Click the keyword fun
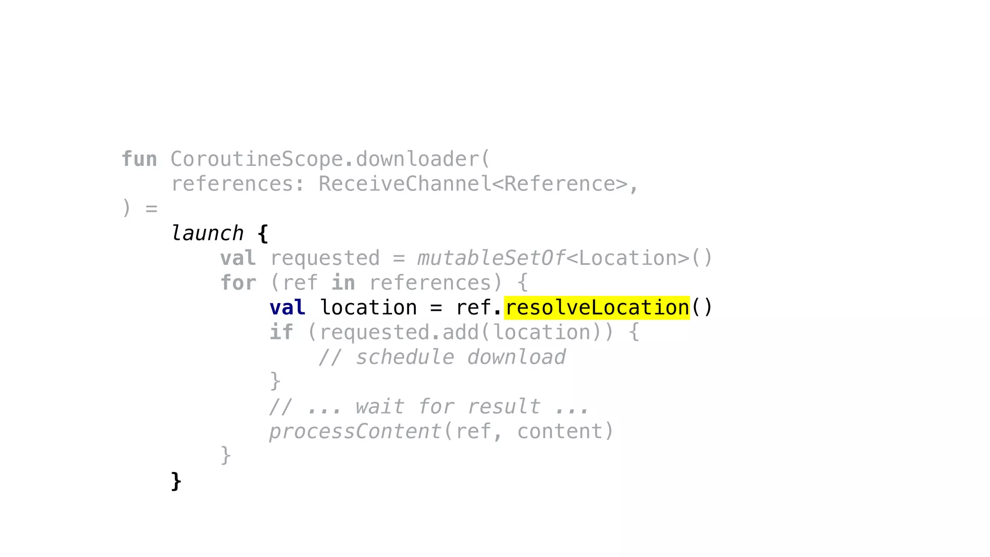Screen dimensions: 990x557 (139, 160)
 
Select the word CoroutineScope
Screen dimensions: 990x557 (256, 160)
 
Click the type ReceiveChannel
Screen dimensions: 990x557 (405, 184)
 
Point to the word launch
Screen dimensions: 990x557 (207, 234)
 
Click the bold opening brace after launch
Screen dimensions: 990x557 (262, 234)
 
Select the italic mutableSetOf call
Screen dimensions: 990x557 (491, 258)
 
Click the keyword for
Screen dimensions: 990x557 (238, 283)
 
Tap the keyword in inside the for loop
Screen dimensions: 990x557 (343, 283)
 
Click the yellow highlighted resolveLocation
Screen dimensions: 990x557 (597, 308)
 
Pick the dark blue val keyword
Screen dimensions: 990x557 (287, 308)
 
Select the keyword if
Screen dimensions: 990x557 (281, 333)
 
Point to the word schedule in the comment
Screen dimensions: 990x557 (405, 357)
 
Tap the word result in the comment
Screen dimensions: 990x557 (504, 407)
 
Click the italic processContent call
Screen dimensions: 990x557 (355, 431)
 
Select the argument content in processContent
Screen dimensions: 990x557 (559, 431)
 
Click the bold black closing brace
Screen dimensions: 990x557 (176, 481)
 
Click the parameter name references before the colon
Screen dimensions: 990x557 (232, 184)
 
